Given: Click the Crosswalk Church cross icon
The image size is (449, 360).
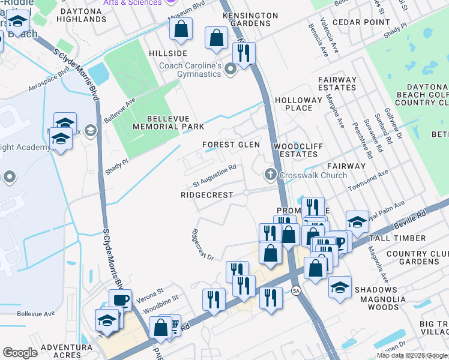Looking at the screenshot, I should pos(270,175).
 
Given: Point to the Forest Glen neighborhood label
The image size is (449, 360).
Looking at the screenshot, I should pos(231,145).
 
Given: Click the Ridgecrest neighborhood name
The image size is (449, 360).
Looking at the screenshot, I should pos(206,196).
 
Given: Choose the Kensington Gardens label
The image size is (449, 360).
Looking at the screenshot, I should pos(246,19).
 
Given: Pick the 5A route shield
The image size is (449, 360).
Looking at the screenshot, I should pos(296,291).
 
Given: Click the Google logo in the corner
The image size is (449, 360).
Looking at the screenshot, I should pos(20,353).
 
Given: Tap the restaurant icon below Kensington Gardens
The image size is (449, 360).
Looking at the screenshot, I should pos(244,53).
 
